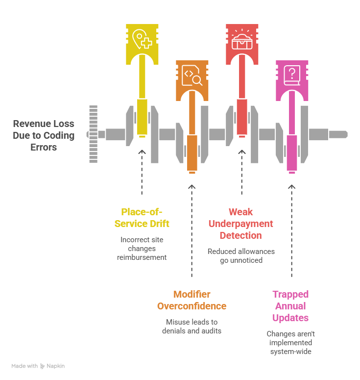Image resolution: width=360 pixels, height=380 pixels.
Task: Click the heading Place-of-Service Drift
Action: pyautogui.click(x=142, y=217)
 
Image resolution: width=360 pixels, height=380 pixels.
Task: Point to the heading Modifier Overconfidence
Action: pyautogui.click(x=192, y=300)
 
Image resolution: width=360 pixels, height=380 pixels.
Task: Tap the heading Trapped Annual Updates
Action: pyautogui.click(x=290, y=306)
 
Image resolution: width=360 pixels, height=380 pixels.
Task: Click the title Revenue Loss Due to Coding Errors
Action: pyautogui.click(x=44, y=135)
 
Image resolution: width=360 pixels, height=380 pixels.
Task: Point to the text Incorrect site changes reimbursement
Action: pyautogui.click(x=142, y=248)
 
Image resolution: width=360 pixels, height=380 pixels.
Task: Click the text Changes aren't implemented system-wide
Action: pyautogui.click(x=290, y=343)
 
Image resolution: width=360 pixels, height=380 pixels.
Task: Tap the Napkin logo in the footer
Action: pyautogui.click(x=51, y=366)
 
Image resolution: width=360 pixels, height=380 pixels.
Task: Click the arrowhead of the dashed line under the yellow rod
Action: pyautogui.click(x=142, y=152)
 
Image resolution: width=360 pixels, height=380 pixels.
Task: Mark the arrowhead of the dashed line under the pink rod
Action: pyautogui.click(x=292, y=186)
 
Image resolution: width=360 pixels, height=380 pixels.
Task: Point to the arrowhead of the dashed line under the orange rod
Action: pyautogui.click(x=192, y=186)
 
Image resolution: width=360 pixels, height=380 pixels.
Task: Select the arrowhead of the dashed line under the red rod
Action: pyautogui.click(x=241, y=152)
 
